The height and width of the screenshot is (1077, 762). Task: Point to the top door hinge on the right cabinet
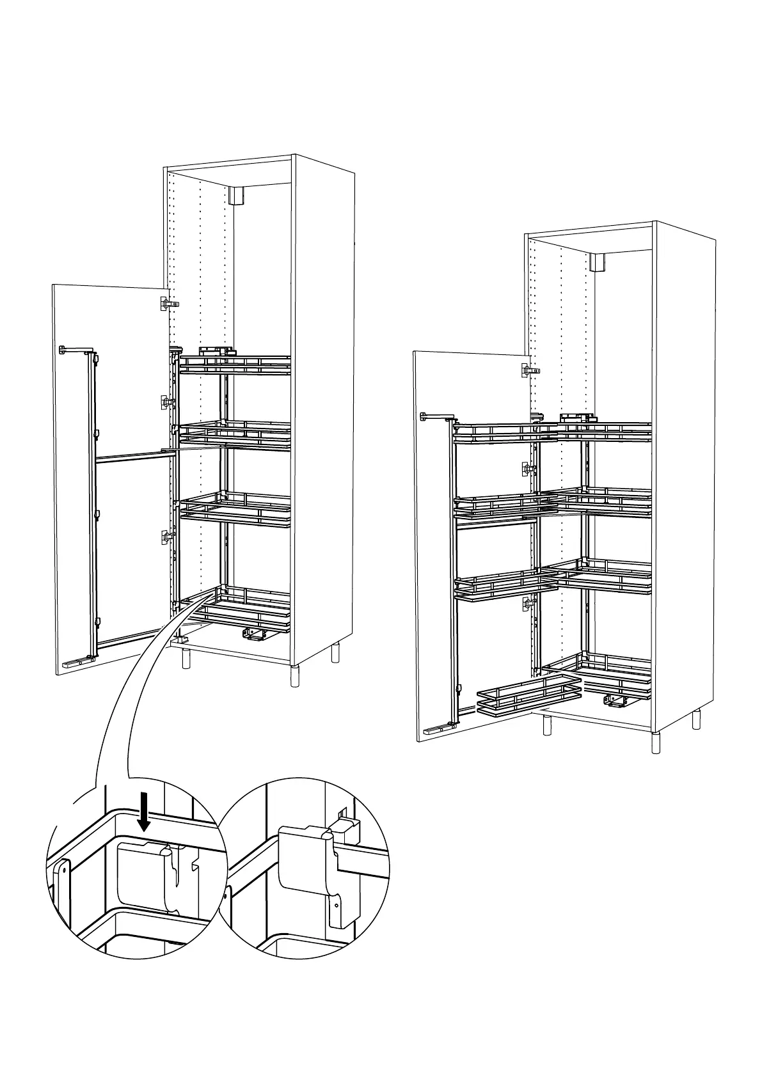[527, 370]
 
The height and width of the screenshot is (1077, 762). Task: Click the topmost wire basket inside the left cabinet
[235, 365]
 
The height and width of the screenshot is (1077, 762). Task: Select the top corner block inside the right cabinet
[598, 262]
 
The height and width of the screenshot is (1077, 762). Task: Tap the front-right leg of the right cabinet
[656, 742]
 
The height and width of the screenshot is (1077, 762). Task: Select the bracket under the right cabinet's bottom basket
[615, 702]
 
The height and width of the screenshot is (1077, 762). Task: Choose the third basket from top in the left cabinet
[235, 508]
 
